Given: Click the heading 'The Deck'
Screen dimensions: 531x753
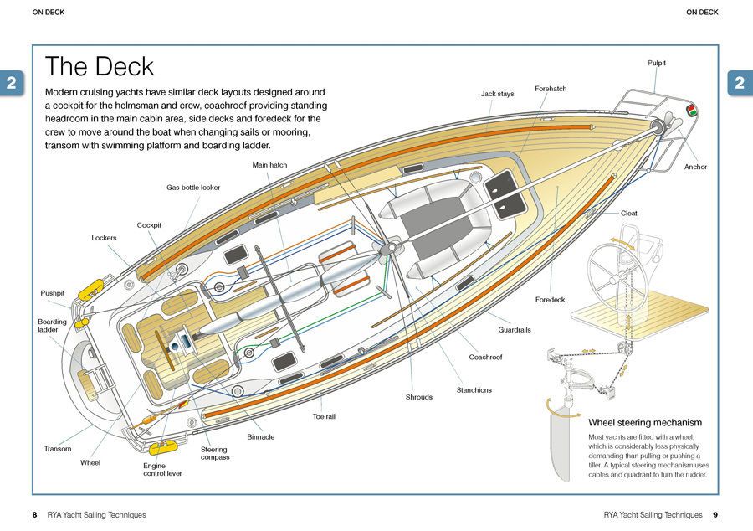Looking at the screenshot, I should [100, 67].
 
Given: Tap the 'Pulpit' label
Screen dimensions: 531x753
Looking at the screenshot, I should [657, 63].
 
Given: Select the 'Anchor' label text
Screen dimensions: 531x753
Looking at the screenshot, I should [695, 167].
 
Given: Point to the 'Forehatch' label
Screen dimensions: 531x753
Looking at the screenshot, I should [551, 88].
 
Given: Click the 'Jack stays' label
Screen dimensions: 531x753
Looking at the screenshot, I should [497, 94].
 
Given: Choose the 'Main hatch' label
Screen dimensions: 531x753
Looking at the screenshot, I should [269, 165].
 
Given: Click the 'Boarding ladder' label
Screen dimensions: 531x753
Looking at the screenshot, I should [52, 326].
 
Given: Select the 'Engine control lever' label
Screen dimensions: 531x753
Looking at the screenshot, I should [162, 469].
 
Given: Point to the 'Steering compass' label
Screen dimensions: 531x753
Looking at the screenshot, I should [215, 453].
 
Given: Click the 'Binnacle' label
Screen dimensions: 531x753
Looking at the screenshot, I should [260, 436].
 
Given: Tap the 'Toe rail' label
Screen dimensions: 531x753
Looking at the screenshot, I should [324, 416].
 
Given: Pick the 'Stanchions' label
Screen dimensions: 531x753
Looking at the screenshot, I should [474, 390].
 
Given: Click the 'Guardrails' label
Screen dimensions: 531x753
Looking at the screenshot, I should [515, 330].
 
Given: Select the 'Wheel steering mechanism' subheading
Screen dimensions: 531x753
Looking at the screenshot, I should [645, 423].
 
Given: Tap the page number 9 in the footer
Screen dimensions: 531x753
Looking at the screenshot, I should [715, 514].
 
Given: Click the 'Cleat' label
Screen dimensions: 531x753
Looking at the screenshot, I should [629, 213].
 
